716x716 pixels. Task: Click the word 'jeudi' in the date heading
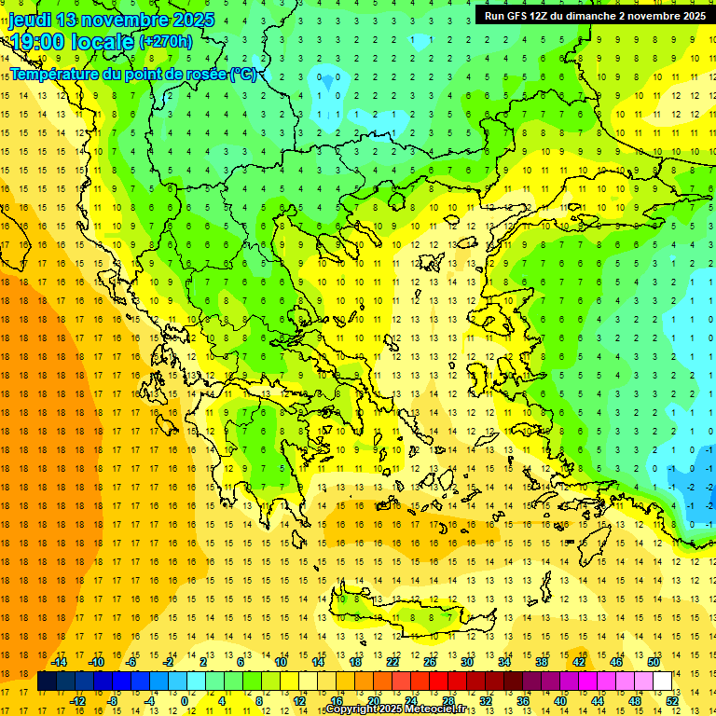coord(31,20)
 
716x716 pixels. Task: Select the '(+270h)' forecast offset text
coord(166,41)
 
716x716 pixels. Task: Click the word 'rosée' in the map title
coord(199,74)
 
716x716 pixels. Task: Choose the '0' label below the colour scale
coord(184,701)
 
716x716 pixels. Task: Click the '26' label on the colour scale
coord(430,662)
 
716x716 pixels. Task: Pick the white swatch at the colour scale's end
coord(663,682)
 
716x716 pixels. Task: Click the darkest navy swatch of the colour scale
coord(48,682)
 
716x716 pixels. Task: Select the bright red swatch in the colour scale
coord(439,682)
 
